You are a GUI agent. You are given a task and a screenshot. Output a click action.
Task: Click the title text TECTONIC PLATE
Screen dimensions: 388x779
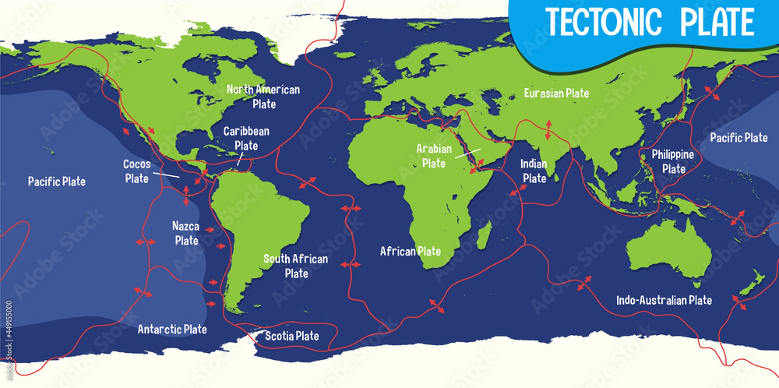(x=650, y=22)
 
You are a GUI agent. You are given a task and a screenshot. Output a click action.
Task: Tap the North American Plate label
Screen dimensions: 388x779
(x=263, y=96)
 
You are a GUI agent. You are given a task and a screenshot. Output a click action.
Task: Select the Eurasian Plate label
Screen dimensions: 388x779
(x=556, y=93)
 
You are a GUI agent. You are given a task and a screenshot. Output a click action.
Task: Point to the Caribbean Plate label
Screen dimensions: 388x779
(x=246, y=138)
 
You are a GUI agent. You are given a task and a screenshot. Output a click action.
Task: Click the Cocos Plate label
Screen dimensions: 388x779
(x=136, y=171)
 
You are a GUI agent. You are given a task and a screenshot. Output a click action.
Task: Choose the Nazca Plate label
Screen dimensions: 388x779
(x=186, y=233)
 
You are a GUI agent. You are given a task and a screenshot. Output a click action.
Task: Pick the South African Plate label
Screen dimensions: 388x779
(x=296, y=266)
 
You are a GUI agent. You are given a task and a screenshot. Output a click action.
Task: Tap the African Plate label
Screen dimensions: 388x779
(x=411, y=252)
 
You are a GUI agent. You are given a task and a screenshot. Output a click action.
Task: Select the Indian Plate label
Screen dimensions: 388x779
(x=534, y=171)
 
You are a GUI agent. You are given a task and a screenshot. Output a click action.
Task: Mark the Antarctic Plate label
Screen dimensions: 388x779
(x=172, y=329)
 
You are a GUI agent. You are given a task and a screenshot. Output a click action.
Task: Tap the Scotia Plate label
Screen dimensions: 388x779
(x=292, y=337)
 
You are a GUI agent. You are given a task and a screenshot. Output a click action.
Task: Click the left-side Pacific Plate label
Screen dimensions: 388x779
(x=57, y=182)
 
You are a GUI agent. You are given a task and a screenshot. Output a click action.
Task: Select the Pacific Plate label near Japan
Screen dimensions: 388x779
(x=738, y=138)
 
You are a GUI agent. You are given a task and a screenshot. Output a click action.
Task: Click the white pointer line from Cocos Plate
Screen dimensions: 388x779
(x=166, y=175)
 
